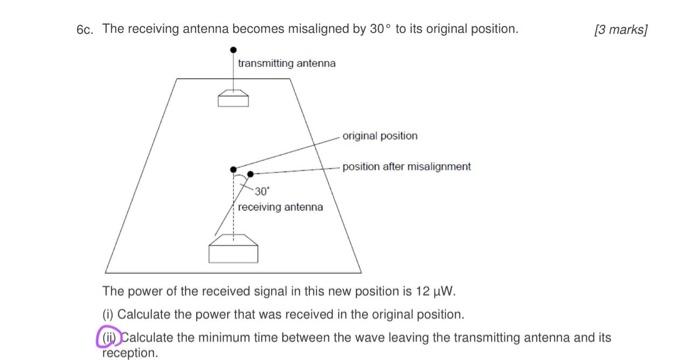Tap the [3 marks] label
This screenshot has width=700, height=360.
click(x=621, y=29)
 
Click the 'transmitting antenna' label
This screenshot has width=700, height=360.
click(x=287, y=63)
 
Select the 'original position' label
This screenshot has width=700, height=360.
click(x=380, y=135)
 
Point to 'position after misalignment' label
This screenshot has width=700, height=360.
click(x=406, y=166)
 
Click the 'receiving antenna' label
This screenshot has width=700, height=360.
click(x=280, y=207)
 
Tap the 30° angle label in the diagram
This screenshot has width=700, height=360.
click(x=262, y=190)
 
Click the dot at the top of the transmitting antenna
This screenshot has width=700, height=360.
click(x=234, y=48)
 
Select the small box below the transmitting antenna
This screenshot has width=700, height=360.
click(x=234, y=97)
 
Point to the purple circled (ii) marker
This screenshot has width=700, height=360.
click(x=108, y=337)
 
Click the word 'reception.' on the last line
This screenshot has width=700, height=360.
click(x=130, y=352)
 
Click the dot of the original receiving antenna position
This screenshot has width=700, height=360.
click(x=234, y=170)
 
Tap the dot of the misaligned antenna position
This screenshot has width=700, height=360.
click(x=250, y=174)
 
